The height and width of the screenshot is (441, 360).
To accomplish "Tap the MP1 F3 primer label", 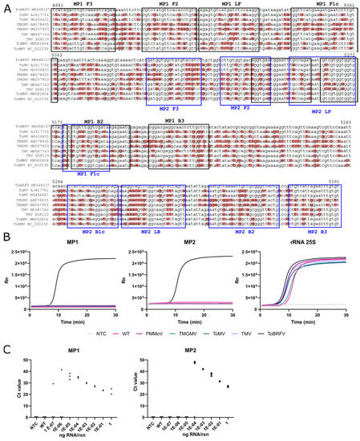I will coord(82,4).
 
